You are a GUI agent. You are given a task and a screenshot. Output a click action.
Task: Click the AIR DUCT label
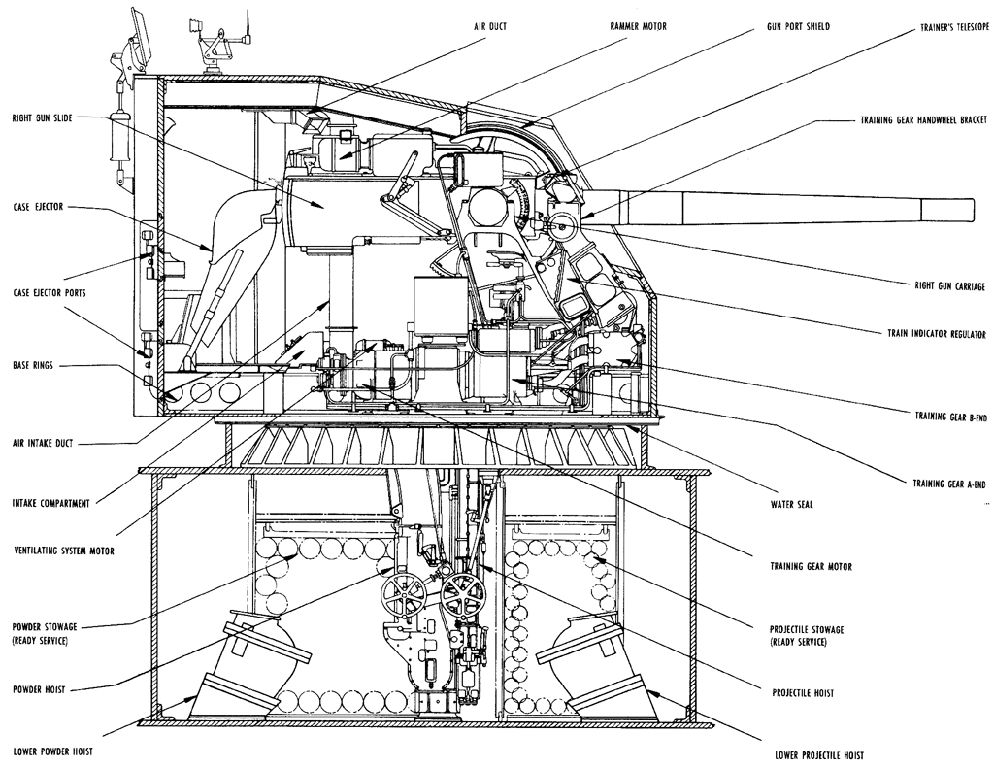490,26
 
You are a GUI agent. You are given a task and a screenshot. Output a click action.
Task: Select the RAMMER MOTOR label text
639,26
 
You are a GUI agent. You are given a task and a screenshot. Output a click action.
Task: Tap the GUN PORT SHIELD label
798,26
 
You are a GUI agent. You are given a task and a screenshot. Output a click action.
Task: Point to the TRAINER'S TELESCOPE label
954,28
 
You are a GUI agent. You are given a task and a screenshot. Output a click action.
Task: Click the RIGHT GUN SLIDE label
42,118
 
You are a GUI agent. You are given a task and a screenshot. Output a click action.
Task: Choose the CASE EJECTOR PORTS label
49,293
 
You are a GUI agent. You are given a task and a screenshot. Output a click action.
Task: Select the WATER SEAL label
791,505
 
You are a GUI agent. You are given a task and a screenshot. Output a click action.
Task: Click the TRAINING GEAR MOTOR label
811,566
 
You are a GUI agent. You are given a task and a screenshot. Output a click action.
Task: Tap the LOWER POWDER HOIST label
52,751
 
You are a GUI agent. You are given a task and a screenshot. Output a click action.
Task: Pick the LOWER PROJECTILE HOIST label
819,755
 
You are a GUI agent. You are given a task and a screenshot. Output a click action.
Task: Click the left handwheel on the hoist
402,593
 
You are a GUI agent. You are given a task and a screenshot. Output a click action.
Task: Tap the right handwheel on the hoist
460,596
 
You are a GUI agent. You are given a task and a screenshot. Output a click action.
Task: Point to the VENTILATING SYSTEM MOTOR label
63,551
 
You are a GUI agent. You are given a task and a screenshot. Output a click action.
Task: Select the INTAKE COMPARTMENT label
50,504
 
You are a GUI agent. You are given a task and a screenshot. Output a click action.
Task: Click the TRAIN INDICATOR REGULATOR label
937,334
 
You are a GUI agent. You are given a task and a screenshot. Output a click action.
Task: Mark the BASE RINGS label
32,366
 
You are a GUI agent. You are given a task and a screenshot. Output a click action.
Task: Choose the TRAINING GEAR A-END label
949,484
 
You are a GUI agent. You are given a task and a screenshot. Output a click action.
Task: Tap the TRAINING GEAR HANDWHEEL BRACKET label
923,119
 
